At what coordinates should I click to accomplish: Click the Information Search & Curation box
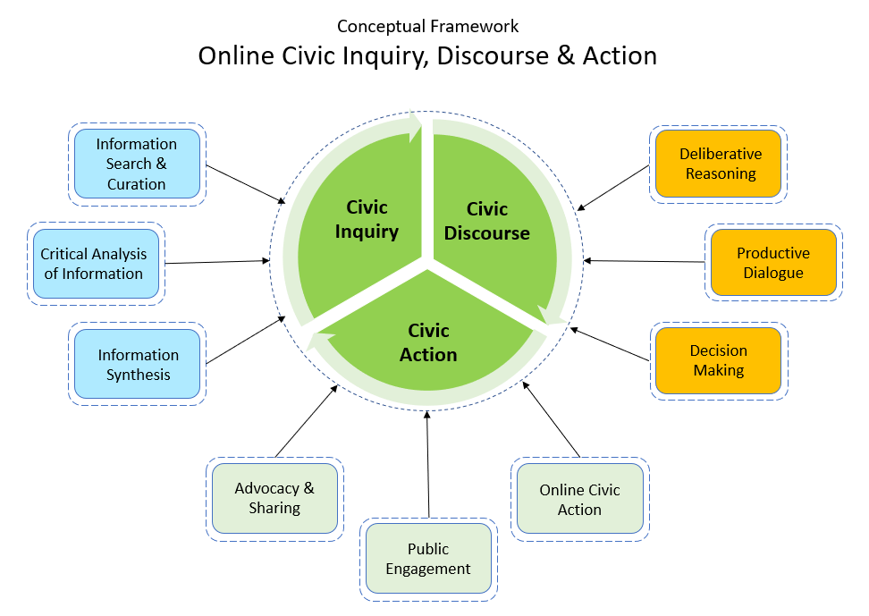pyautogui.click(x=136, y=164)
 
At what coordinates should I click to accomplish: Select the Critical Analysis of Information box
pyautogui.click(x=93, y=264)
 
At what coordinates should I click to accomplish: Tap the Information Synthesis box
pyautogui.click(x=138, y=365)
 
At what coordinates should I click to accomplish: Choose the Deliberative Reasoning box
pyautogui.click(x=720, y=164)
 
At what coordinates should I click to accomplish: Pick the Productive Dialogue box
pyautogui.click(x=773, y=263)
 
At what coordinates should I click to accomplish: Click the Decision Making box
pyautogui.click(x=718, y=360)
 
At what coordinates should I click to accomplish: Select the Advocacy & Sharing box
pyautogui.click(x=274, y=498)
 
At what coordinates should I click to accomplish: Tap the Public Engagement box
pyautogui.click(x=427, y=559)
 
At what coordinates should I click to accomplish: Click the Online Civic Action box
pyautogui.click(x=579, y=500)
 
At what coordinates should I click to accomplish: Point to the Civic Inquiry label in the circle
pyautogui.click(x=367, y=219)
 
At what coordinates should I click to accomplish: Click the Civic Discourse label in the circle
pyautogui.click(x=486, y=221)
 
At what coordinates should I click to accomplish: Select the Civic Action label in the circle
pyautogui.click(x=428, y=342)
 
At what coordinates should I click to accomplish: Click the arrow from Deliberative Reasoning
pyautogui.click(x=613, y=188)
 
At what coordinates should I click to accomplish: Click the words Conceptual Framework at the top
pyautogui.click(x=427, y=27)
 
